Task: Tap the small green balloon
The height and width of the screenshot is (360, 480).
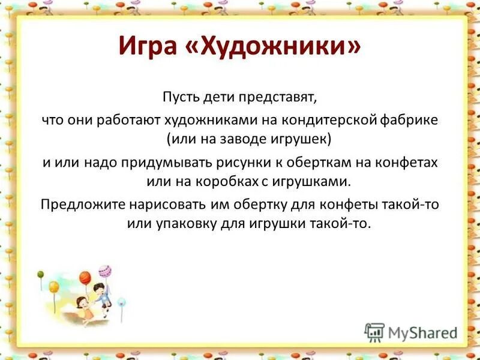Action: point(40,274)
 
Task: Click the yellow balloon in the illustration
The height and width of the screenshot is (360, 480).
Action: point(54,287)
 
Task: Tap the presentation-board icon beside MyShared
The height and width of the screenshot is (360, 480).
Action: point(375,332)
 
